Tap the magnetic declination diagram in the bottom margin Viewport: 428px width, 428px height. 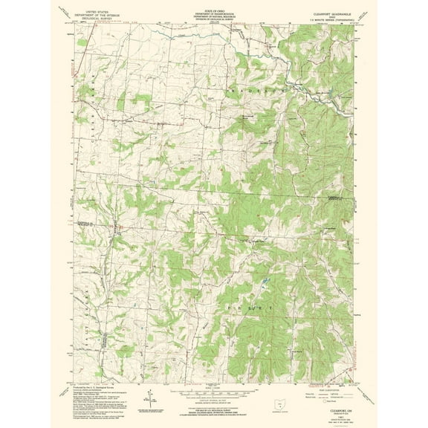(149, 393)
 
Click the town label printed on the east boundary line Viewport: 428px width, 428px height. (337, 198)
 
